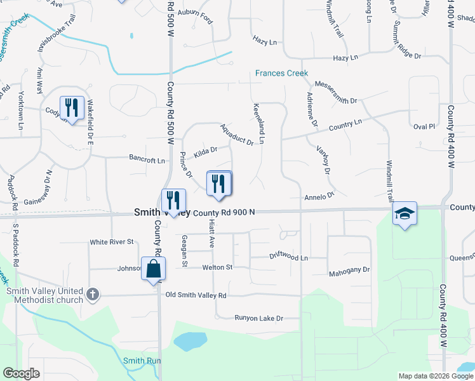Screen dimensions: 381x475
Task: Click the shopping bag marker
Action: pos(154,269)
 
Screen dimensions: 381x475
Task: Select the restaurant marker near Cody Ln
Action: pos(72,107)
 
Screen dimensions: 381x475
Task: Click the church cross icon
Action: pos(93,294)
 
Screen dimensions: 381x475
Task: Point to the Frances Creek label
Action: pos(281,73)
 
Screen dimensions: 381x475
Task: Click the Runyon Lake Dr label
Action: pos(258,317)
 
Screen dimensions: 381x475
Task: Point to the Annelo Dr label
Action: pos(318,197)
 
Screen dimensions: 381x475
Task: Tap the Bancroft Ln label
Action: pos(147,160)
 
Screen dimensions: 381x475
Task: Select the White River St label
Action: pos(112,242)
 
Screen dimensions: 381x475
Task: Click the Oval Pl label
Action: pos(424,126)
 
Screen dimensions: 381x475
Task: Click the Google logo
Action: pos(22,374)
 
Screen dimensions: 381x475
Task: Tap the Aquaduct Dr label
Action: pos(236,134)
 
